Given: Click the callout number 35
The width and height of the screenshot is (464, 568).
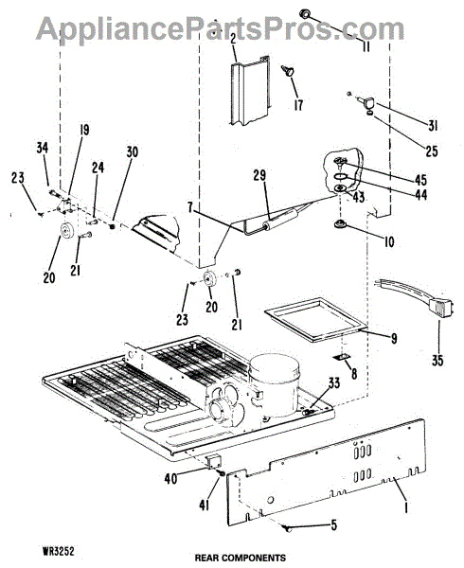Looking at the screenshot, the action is [x=437, y=361].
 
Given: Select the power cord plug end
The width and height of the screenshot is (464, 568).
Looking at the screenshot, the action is [x=441, y=308].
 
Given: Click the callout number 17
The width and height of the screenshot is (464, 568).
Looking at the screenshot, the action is [x=298, y=105].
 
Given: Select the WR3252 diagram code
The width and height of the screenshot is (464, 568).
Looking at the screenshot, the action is [x=59, y=552].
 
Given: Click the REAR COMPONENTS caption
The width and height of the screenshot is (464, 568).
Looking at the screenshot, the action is [x=241, y=558].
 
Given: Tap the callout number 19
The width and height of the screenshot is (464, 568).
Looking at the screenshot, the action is [x=84, y=130].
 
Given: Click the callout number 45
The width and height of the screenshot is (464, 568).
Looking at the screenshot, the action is [x=420, y=179].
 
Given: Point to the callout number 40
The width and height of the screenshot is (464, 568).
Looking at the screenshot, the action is [x=170, y=478].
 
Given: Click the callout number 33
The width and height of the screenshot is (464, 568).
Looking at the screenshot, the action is [x=333, y=382].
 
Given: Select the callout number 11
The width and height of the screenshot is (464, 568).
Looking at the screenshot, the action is [x=366, y=46].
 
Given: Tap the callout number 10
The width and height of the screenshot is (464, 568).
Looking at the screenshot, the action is [x=388, y=242].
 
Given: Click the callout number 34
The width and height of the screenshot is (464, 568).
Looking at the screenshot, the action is [x=42, y=148].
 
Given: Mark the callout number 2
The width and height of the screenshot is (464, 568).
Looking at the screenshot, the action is [x=233, y=39].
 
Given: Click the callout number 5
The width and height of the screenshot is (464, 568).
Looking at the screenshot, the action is [x=333, y=524].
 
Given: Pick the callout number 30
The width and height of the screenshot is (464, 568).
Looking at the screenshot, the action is [x=133, y=151].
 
